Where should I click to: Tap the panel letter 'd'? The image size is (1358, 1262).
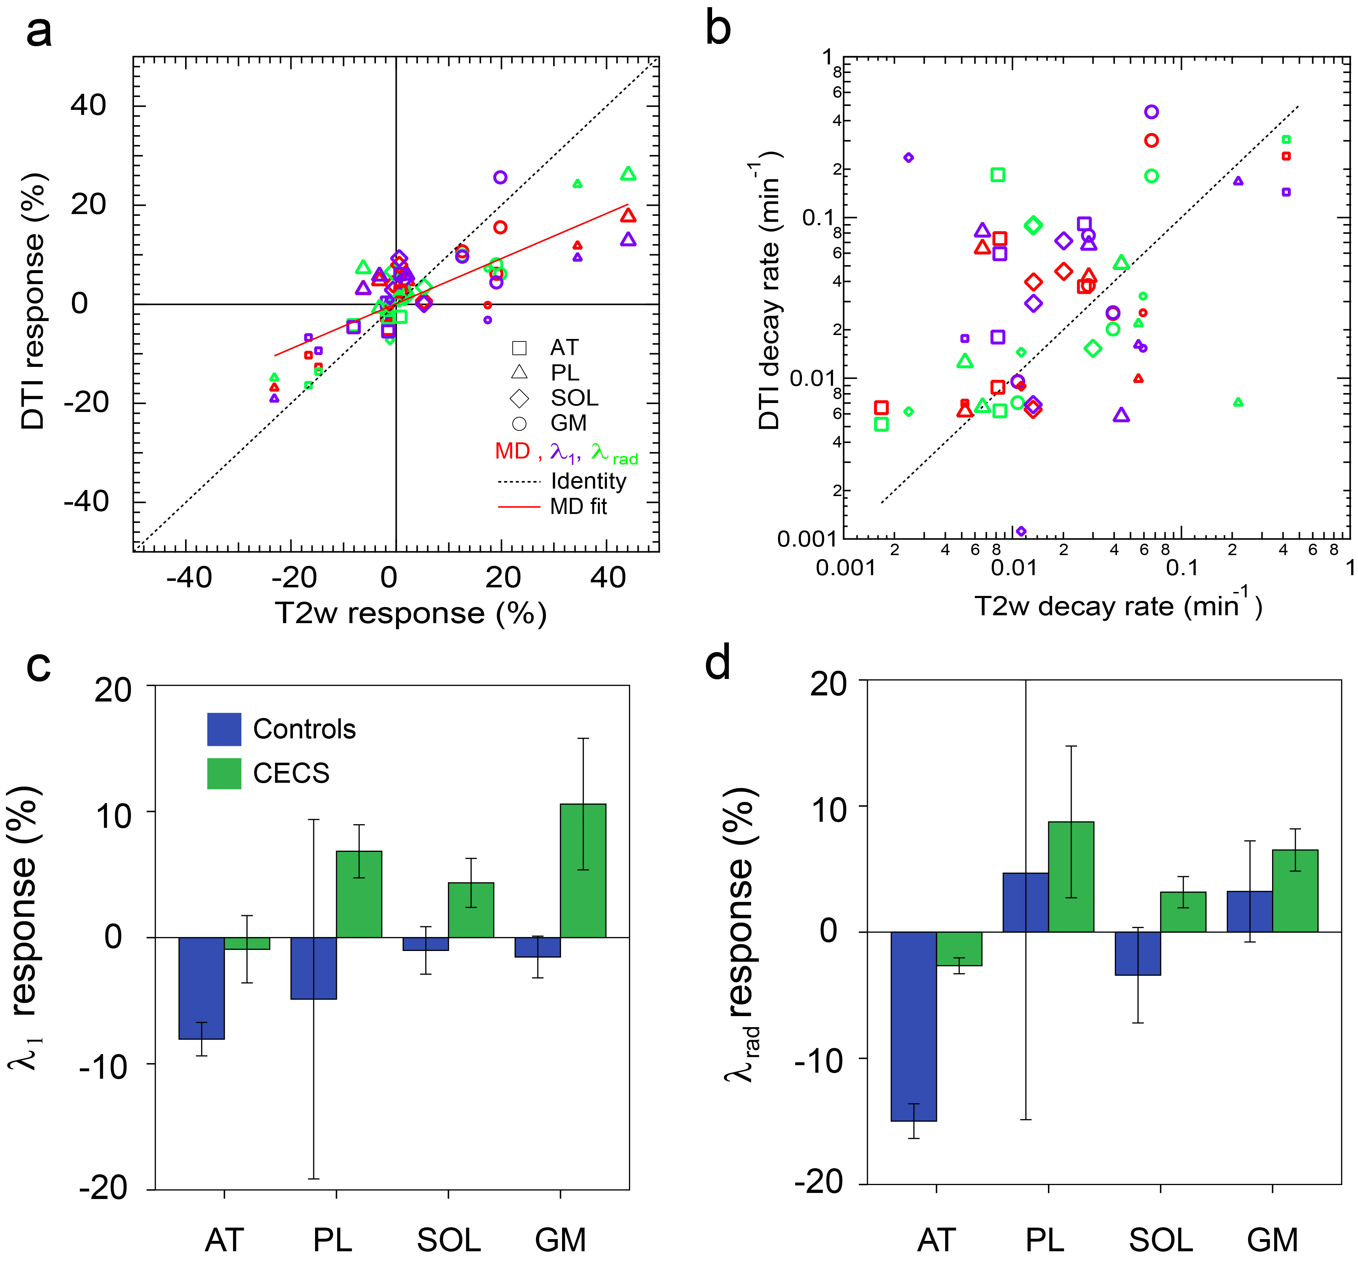click(x=718, y=662)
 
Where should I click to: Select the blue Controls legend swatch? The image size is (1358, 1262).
click(x=224, y=729)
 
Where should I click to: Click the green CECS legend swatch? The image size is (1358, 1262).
click(x=224, y=774)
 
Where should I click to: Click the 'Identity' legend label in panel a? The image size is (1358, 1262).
click(x=588, y=481)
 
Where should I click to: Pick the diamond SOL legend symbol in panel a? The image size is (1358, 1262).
click(x=519, y=398)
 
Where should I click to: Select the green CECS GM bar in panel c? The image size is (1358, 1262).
click(x=583, y=871)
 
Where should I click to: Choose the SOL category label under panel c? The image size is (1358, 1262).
click(x=449, y=1239)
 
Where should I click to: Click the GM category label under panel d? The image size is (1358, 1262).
click(x=1272, y=1239)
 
